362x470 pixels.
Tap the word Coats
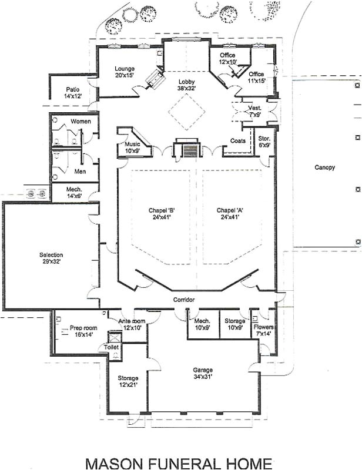coord(238,140)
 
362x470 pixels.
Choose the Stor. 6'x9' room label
coord(264,142)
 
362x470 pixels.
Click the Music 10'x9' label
coord(132,147)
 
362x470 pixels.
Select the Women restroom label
coord(81,121)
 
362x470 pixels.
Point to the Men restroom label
coord(81,172)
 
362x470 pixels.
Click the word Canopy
coord(324,167)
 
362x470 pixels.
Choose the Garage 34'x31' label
coord(203,374)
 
